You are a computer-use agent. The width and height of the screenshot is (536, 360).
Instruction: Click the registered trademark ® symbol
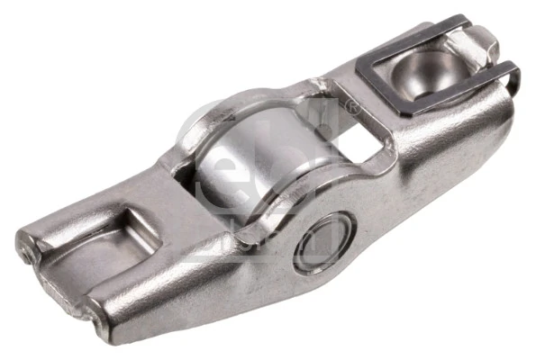tap(351, 109)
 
